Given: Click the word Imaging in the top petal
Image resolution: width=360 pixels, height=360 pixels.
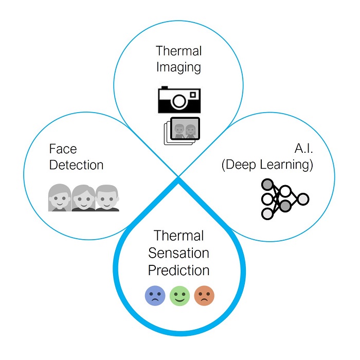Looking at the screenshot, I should click(x=179, y=67).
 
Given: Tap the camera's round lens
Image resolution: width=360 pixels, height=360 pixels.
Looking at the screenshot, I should click(x=178, y=101).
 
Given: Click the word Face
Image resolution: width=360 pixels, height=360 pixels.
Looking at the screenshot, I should click(x=63, y=149).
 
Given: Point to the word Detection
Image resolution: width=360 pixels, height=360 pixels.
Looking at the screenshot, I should click(x=76, y=165).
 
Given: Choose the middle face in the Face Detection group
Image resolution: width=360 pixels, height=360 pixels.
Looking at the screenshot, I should click(x=83, y=198).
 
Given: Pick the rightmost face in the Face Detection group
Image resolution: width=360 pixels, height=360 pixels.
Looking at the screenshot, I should click(x=107, y=198).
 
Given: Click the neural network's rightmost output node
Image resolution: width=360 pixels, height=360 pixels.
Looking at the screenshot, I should click(x=303, y=199).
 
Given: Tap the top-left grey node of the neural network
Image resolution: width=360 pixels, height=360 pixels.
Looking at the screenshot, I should click(x=266, y=185).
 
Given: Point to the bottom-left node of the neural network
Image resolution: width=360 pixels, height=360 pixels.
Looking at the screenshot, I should click(x=266, y=212).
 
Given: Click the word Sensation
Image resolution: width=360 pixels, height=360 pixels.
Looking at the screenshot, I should click(x=179, y=253).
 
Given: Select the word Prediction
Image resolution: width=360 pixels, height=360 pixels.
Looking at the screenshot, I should click(x=179, y=269).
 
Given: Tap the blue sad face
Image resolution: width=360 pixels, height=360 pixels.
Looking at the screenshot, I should click(x=155, y=296).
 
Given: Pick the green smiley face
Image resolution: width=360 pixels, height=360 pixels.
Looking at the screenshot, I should click(x=179, y=296).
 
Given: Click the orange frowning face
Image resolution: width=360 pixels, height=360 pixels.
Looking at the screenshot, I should click(x=204, y=296).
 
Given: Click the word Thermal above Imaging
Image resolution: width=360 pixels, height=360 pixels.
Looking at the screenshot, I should click(x=179, y=51).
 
